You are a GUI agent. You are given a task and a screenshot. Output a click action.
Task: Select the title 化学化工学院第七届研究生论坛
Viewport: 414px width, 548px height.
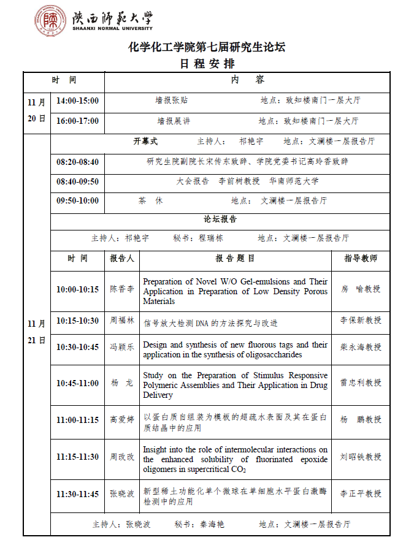tap(207, 47)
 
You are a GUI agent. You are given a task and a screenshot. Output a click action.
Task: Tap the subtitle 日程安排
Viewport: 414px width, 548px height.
tap(207, 63)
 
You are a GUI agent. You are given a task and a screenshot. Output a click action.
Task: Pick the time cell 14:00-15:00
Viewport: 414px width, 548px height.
tap(77, 101)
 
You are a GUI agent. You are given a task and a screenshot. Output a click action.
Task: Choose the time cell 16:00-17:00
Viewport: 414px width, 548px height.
tap(77, 121)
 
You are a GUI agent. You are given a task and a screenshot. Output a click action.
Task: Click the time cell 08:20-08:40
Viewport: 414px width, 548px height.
tap(77, 162)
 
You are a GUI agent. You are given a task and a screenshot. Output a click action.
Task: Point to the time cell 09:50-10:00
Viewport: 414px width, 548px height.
tap(77, 200)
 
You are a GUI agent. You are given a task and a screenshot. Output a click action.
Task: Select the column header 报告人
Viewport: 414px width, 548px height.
tap(122, 259)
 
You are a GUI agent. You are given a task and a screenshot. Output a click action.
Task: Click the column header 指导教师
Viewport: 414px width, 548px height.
tap(361, 259)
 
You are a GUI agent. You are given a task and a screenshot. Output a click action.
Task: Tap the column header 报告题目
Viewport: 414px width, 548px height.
tap(235, 259)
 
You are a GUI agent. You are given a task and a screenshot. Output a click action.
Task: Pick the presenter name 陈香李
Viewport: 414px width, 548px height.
tap(122, 289)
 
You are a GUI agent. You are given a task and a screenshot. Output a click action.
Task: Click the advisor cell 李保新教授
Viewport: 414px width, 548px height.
tap(361, 320)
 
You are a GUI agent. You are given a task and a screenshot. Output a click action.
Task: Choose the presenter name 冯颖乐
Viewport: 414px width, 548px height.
tap(122, 347)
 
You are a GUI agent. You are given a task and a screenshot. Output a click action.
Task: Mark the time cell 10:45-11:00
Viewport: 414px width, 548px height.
tap(77, 383)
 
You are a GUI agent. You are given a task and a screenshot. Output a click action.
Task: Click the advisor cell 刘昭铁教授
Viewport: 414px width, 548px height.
tap(361, 457)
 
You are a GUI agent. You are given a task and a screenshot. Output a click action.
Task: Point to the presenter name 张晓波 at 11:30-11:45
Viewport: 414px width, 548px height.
tap(122, 494)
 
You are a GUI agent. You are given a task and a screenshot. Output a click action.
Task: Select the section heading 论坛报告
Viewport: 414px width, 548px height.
tap(220, 219)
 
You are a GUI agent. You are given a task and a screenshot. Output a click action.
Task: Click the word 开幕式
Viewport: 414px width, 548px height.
tap(145, 141)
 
